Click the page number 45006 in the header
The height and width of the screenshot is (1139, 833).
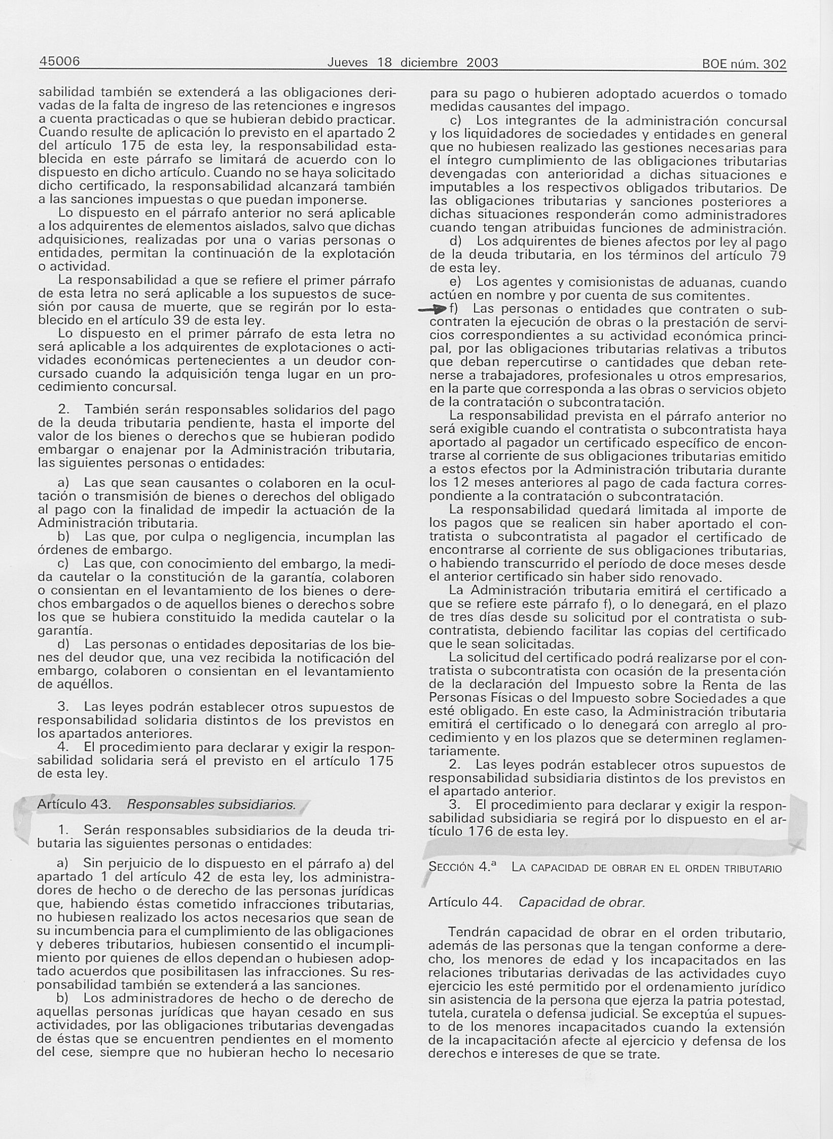(59, 62)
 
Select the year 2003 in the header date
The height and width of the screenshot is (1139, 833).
(482, 63)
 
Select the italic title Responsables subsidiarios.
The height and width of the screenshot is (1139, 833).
(211, 805)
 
